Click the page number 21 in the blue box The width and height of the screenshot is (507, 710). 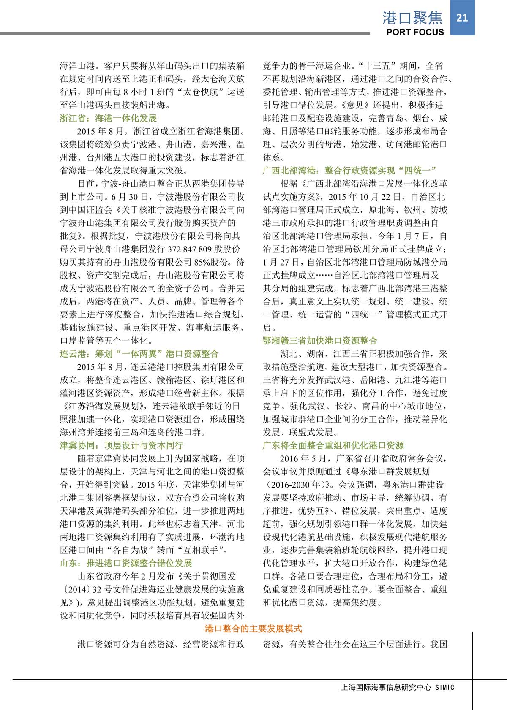[x=462, y=17]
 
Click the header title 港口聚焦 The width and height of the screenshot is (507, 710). [x=412, y=18]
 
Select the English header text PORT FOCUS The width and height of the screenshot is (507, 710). [x=415, y=32]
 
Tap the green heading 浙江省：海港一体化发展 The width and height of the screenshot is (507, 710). [x=108, y=118]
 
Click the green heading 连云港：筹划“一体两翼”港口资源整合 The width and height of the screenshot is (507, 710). [x=139, y=354]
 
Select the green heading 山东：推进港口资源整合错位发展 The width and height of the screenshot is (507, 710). [x=126, y=563]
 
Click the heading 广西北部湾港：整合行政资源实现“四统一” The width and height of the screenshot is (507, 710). [x=349, y=171]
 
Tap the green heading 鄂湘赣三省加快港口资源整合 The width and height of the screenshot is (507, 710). [x=320, y=341]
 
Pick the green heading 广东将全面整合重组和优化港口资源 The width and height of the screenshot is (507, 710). [x=333, y=445]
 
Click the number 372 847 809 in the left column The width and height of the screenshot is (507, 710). [x=196, y=249]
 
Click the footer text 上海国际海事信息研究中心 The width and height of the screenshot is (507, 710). [x=385, y=687]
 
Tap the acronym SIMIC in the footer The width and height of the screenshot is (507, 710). [x=444, y=687]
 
